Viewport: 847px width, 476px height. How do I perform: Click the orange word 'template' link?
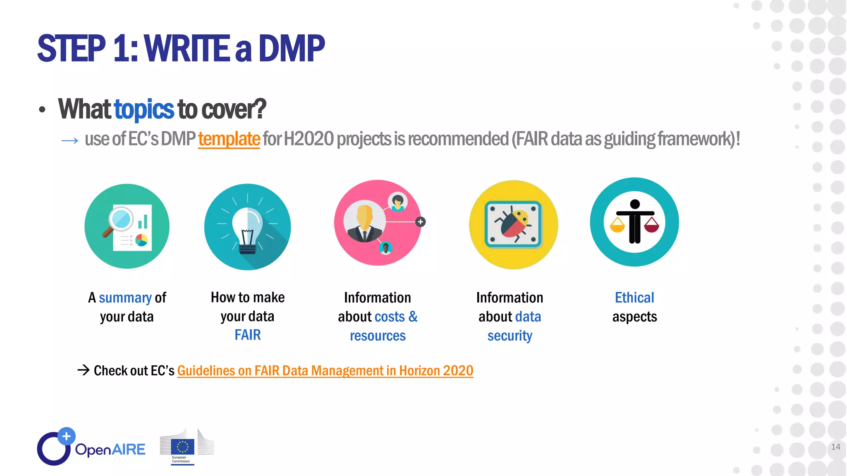229,139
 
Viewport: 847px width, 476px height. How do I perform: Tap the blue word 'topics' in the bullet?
144,109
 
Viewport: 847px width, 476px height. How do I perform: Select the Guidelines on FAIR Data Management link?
325,371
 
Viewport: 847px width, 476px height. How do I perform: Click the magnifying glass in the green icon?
120,219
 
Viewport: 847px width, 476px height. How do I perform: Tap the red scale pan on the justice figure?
652,226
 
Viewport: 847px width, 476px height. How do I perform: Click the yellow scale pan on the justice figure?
617,226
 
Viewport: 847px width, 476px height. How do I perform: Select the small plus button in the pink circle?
420,222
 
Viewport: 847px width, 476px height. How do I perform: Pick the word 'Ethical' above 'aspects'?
634,297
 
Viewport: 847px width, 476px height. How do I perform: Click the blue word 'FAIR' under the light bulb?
247,335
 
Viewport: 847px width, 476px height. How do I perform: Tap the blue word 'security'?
510,336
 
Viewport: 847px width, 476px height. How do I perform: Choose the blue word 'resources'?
378,336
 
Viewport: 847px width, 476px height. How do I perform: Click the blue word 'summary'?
125,298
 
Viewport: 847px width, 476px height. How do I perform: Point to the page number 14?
835,447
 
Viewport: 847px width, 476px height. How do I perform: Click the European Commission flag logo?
182,447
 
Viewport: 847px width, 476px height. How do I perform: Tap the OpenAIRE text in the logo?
110,450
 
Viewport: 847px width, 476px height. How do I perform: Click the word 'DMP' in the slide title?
292,49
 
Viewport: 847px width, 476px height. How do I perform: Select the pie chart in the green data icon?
141,240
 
